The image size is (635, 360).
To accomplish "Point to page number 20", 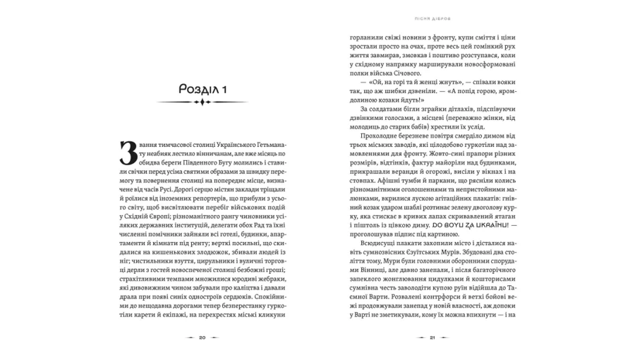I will (x=202, y=337).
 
